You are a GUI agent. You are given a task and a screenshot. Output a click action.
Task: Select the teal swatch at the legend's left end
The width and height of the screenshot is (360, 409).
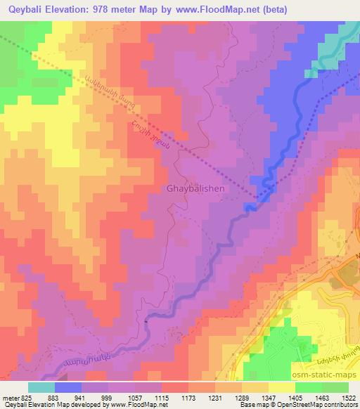click(x=41, y=387)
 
